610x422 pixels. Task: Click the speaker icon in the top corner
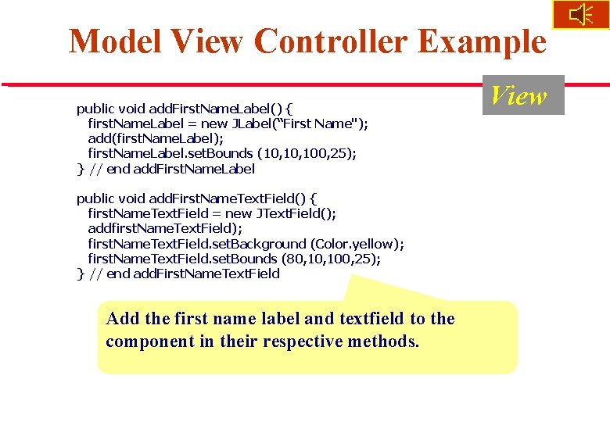[x=581, y=14]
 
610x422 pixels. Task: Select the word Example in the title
[x=482, y=41]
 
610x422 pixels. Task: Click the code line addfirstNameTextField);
[x=165, y=228]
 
